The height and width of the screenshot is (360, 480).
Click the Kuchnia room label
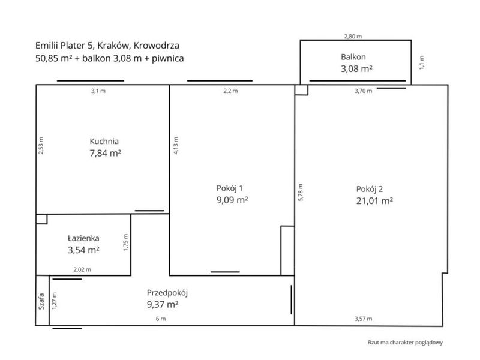pyautogui.click(x=104, y=141)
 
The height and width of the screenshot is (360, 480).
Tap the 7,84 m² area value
pyautogui.click(x=106, y=153)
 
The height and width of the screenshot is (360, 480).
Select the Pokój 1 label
pyautogui.click(x=230, y=188)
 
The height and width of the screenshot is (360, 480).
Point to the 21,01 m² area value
pyautogui.click(x=374, y=201)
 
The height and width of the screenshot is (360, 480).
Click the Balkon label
pyautogui.click(x=353, y=57)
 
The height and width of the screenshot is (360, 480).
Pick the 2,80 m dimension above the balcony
pyautogui.click(x=353, y=37)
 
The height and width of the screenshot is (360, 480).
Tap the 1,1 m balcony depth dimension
pyautogui.click(x=422, y=62)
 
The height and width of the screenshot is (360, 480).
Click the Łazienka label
pyautogui.click(x=83, y=238)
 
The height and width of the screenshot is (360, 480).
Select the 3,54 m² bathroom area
pyautogui.click(x=83, y=250)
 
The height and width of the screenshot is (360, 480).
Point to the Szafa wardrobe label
pyautogui.click(x=41, y=302)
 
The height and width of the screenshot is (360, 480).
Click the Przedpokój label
pyautogui.click(x=167, y=293)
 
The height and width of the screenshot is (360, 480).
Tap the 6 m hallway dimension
pyautogui.click(x=161, y=319)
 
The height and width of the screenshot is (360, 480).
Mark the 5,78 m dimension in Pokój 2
pyautogui.click(x=301, y=192)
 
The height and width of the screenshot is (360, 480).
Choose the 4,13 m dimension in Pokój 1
pyautogui.click(x=176, y=145)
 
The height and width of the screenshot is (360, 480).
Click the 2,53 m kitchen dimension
pyautogui.click(x=41, y=145)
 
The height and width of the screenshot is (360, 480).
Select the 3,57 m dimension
pyautogui.click(x=364, y=319)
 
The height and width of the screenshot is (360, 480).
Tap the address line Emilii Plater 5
pyautogui.click(x=107, y=46)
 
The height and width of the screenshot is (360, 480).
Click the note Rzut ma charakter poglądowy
pyautogui.click(x=406, y=343)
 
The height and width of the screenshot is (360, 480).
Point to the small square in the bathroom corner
pyautogui.click(x=41, y=219)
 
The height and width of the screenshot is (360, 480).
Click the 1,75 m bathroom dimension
pyautogui.click(x=125, y=242)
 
